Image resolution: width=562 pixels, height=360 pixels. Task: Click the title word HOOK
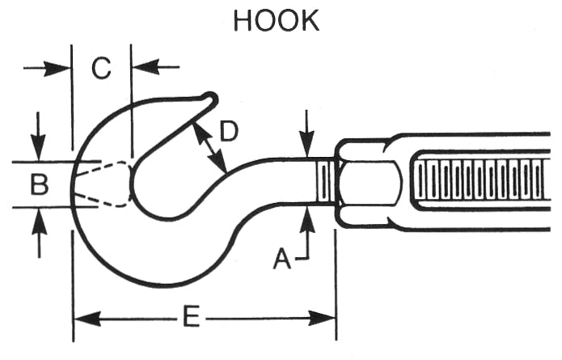[276, 20]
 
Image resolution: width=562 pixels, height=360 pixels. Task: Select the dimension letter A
[281, 258]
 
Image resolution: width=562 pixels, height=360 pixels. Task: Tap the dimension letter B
[39, 185]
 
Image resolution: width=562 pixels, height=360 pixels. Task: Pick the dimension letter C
[100, 70]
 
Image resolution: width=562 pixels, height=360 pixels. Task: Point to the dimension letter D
[229, 131]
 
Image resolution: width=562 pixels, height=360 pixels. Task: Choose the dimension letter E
[191, 317]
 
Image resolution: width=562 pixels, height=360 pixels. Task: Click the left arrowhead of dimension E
[84, 318]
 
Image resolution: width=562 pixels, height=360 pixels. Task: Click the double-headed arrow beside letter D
[209, 146]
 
